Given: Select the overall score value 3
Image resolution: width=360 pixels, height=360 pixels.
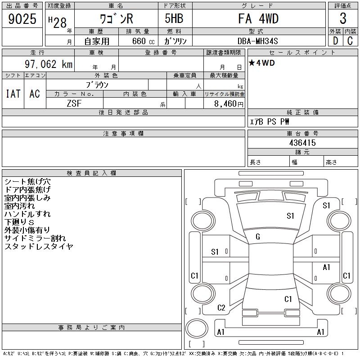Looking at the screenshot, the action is [343, 18].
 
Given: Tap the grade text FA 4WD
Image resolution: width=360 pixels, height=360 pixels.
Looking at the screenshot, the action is [258, 18].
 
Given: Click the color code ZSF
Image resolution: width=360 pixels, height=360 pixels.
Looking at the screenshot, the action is [74, 103].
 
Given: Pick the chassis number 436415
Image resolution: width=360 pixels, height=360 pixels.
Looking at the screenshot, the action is [302, 143].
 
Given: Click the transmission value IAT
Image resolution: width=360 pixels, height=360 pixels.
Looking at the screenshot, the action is [13, 94].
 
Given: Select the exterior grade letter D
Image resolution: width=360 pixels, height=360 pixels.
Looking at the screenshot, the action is [335, 40].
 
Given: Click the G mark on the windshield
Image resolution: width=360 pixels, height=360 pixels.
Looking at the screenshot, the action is [258, 237].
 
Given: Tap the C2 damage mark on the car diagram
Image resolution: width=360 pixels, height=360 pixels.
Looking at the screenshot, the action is [221, 308].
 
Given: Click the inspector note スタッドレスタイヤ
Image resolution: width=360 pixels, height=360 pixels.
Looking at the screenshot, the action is [39, 247].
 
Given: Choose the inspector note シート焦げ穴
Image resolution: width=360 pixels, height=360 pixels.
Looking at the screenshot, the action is [27, 181].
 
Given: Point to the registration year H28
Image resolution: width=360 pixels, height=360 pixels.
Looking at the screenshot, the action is [58, 22].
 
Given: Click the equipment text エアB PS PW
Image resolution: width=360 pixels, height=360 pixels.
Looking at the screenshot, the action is [270, 121].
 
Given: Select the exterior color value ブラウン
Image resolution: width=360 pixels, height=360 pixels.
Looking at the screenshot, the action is [97, 85].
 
